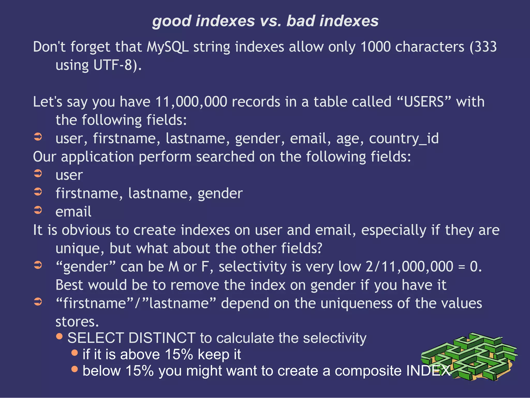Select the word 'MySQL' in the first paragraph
click(167, 47)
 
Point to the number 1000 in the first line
click(375, 47)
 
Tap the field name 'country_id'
click(404, 139)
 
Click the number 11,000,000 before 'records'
click(191, 102)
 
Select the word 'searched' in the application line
click(225, 157)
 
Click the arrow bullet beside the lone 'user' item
click(38, 173)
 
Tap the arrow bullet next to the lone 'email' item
click(38, 210)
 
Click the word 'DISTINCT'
click(162, 338)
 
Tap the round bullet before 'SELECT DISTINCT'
click(60, 336)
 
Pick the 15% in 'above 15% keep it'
click(179, 355)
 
